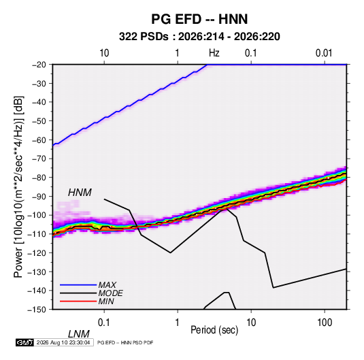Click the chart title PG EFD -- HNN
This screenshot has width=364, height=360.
(x=199, y=19)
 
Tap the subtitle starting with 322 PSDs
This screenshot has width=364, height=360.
(x=199, y=37)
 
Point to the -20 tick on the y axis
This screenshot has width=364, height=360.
(x=39, y=65)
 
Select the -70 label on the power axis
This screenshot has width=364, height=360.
(x=39, y=159)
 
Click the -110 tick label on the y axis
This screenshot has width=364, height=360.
(x=37, y=234)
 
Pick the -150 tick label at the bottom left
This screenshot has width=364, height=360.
(x=37, y=310)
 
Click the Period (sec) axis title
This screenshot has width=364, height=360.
(x=214, y=330)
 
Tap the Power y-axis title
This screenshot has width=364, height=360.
(x=18, y=186)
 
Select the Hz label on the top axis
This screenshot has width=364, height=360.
(x=214, y=53)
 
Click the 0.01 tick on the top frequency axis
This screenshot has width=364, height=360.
(x=324, y=53)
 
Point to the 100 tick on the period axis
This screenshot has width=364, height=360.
(x=325, y=323)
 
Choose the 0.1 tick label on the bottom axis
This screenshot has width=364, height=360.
(x=104, y=323)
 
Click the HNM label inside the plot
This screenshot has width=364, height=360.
(x=80, y=193)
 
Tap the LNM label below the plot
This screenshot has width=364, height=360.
(x=79, y=334)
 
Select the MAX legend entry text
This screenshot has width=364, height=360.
(x=107, y=284)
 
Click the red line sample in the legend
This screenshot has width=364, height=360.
(x=78, y=301)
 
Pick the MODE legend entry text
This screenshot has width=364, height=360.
(x=110, y=293)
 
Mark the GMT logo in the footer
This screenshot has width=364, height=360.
(x=25, y=342)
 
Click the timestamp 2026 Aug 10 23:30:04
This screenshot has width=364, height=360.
(x=63, y=342)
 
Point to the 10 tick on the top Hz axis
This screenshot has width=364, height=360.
(x=104, y=53)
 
